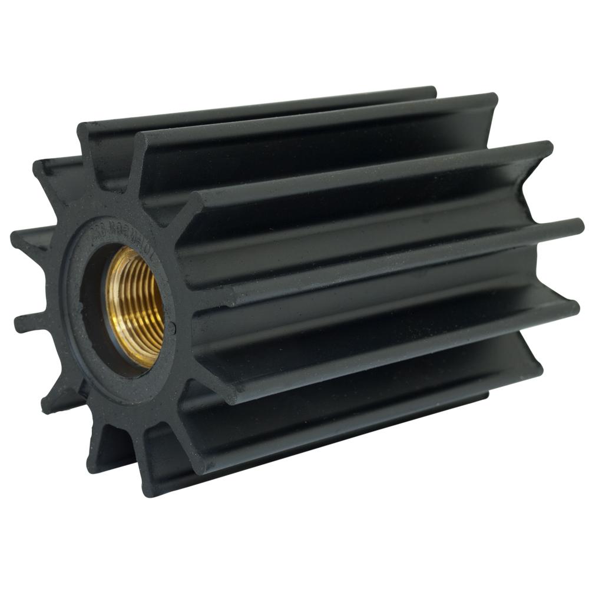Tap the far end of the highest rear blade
433,91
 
